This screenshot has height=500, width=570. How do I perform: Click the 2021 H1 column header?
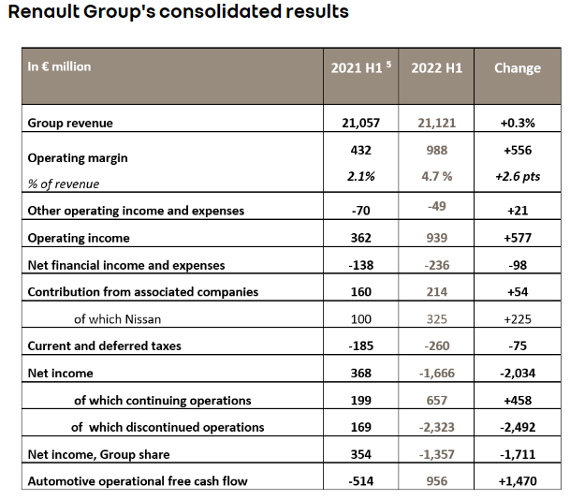[x=357, y=68]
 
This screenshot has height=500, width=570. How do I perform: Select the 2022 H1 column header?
[x=436, y=68]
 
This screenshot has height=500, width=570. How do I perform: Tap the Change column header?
[x=518, y=68]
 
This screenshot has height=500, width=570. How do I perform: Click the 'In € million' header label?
[x=59, y=66]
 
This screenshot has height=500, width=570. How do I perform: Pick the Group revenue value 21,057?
[x=360, y=123]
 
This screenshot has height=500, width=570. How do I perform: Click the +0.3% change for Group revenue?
[x=518, y=123]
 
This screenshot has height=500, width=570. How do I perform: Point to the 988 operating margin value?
[x=436, y=150]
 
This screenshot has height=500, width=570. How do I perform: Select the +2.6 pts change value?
[x=518, y=176]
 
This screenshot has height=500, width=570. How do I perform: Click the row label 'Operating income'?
[x=79, y=238]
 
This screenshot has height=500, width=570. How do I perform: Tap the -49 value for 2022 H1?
[x=436, y=206]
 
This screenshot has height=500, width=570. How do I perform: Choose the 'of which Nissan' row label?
[x=117, y=319]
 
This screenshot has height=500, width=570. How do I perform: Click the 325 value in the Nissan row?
[x=436, y=319]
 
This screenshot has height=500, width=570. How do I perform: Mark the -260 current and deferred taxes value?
[x=436, y=346]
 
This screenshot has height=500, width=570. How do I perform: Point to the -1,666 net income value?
[x=436, y=373]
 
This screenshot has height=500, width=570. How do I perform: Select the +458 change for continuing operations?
[x=518, y=401]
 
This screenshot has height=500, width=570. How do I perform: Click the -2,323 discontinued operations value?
[x=436, y=427]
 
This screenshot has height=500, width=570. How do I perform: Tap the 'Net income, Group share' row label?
[x=98, y=454]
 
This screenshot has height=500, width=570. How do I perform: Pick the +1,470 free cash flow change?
[x=518, y=481]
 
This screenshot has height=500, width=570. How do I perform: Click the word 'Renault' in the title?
[x=43, y=11]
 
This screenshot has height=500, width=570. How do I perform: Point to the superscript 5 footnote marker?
[x=388, y=65]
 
